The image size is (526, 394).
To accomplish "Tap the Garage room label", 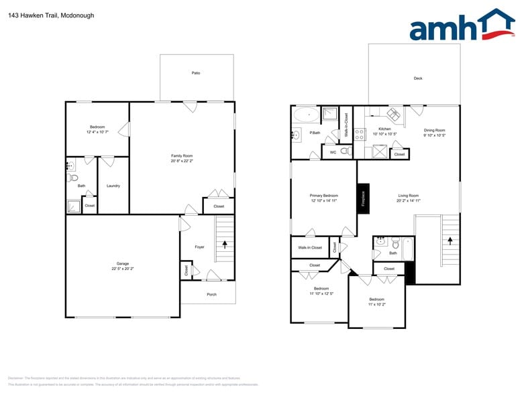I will point(123,263).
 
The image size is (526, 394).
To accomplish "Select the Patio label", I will point(196,73).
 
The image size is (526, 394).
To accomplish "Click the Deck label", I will point(417,78).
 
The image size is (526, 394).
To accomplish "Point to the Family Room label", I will point(182,155).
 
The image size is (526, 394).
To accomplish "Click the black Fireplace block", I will point(363,199).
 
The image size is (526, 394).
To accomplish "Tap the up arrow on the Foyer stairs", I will point(225,245).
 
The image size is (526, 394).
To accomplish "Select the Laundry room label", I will point(113,186).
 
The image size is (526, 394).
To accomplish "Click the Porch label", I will point(211,294).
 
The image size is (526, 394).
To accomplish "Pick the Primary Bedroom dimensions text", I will point(323,201).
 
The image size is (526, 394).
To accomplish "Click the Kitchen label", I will point(384,129).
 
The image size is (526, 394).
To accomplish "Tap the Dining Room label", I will point(434,130).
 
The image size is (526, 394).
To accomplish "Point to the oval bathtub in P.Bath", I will point(308,115).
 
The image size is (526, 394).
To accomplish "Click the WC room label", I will point(331,152).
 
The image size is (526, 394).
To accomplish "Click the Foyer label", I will point(199,247).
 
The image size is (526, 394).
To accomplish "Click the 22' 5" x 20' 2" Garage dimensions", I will point(123,269).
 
